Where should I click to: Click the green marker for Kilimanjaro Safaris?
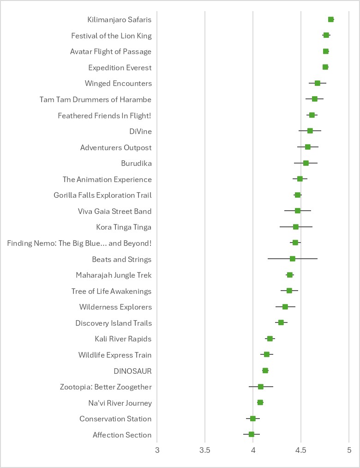[331, 19]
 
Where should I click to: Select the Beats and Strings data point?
[293, 259]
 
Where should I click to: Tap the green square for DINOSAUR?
[265, 371]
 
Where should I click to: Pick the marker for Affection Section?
[252, 434]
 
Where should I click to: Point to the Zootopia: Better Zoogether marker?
[261, 387]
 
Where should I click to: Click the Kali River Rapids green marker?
[270, 339]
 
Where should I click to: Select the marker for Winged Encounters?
[318, 83]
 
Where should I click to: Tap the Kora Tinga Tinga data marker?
[296, 227]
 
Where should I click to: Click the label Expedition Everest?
[120, 68]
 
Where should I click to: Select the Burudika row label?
[136, 164]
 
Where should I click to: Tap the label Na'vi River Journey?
[120, 403]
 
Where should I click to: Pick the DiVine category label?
[140, 132]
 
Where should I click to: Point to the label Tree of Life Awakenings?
[111, 292]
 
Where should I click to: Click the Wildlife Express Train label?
[115, 355]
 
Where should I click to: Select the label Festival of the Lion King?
[111, 36]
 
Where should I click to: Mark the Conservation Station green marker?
[253, 419]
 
